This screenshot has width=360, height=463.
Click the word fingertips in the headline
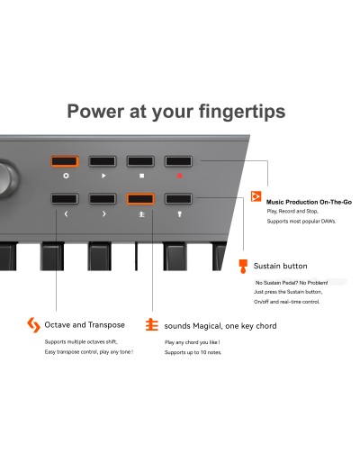(238, 112)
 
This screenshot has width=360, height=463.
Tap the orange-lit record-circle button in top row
(65, 161)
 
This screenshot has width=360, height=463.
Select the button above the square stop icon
(140, 161)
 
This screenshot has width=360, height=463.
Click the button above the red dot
(178, 161)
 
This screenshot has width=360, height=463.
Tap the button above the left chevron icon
(65, 198)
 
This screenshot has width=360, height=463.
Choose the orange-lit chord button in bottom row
(140, 198)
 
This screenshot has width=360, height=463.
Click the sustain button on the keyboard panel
(178, 198)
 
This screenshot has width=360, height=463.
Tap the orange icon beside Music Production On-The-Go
(256, 197)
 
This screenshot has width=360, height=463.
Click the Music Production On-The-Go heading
(309, 202)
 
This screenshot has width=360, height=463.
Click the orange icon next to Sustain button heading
(243, 266)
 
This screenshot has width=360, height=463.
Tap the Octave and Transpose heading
(85, 324)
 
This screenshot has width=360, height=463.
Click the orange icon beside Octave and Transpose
(34, 325)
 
